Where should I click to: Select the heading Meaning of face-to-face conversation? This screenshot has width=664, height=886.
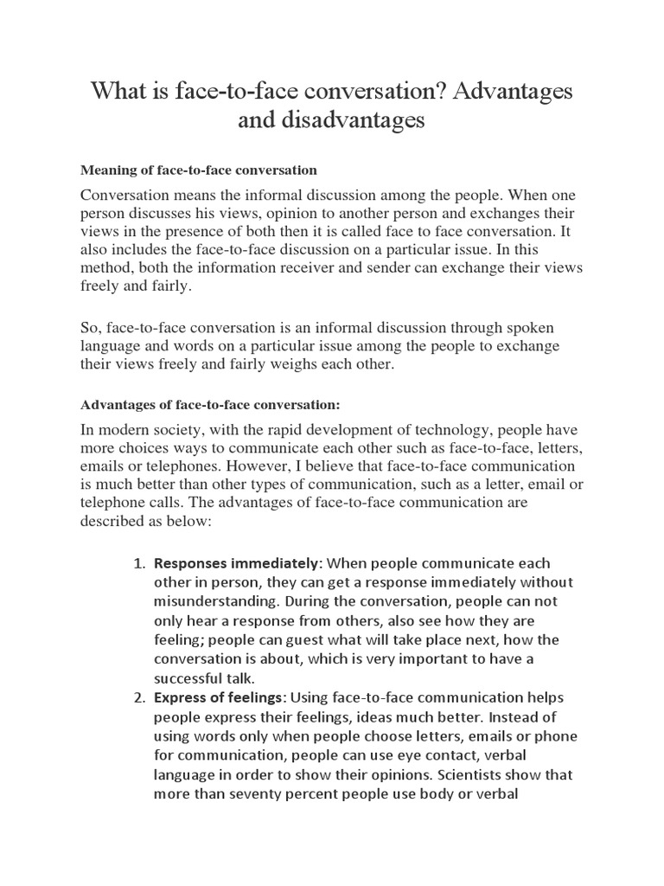pyautogui.click(x=198, y=169)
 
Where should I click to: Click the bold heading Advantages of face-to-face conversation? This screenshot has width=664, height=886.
pyautogui.click(x=210, y=404)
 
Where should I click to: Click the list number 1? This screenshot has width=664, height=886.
pyautogui.click(x=138, y=563)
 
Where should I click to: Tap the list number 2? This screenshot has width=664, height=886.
pyautogui.click(x=138, y=698)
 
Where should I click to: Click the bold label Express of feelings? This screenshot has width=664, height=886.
pyautogui.click(x=220, y=698)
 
